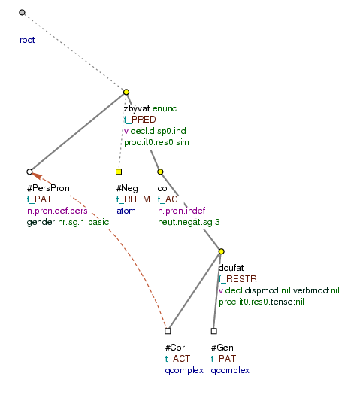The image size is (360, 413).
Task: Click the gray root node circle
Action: (22, 12)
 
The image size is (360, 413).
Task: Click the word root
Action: (27, 40)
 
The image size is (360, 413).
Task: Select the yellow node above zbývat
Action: (126, 92)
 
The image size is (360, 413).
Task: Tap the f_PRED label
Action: (140, 120)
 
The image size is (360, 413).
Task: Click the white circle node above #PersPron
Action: (29, 172)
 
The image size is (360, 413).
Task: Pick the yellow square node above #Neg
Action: (119, 172)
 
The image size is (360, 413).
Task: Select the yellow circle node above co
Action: (160, 172)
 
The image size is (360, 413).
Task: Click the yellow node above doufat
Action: (221, 251)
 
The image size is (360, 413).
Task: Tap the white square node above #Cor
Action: (168, 331)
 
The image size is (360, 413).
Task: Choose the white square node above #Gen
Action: (214, 331)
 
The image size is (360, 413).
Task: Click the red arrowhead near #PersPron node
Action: (37, 175)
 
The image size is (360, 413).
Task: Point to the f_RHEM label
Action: (133, 199)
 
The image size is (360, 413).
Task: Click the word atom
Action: (126, 211)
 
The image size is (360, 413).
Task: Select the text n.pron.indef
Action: (182, 211)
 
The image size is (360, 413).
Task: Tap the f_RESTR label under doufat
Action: (237, 279)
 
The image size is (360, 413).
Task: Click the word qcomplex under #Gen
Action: (230, 370)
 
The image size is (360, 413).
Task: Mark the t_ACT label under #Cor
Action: (177, 359)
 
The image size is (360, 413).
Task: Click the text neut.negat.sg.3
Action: (189, 223)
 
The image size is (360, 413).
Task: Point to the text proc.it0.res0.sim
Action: (156, 142)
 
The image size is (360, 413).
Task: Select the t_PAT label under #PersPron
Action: (40, 199)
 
